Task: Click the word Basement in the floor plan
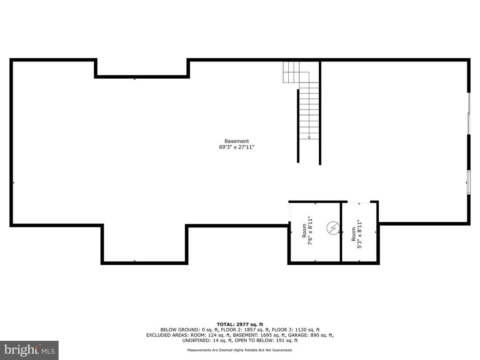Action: (237, 141)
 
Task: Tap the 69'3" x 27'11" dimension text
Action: (237, 147)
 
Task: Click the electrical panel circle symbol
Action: (333, 227)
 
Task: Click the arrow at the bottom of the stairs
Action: (309, 137)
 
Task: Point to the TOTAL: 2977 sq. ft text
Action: (240, 324)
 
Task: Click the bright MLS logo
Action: (30, 350)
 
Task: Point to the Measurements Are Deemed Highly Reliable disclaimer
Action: (240, 350)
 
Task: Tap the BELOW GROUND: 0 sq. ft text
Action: (191, 330)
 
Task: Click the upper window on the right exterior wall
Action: (469, 113)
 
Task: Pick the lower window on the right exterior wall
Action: (469, 182)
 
